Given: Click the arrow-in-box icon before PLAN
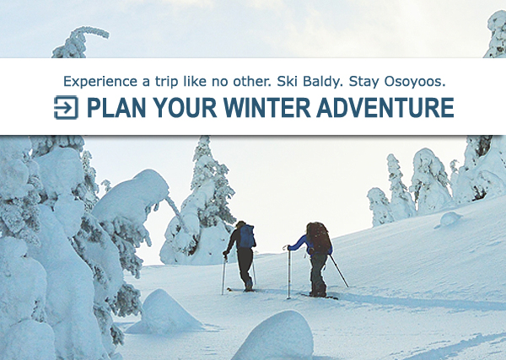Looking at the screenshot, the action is [66, 107].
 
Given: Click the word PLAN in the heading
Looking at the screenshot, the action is [116, 107].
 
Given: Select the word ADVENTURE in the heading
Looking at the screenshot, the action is [385, 107].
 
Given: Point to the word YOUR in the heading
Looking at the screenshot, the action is [185, 107].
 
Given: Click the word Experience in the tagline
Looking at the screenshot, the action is [100, 82].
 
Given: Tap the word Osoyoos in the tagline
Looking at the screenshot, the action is [415, 82].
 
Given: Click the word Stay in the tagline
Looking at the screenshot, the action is [363, 82].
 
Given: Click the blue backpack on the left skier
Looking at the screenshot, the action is [247, 236].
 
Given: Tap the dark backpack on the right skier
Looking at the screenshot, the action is [319, 238].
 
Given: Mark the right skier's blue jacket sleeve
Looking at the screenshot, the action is [298, 243].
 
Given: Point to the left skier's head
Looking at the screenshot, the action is [240, 223].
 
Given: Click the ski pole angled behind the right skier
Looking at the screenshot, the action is [339, 271].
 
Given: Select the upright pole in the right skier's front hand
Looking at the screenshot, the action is [289, 275].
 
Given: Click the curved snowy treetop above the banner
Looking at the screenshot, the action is [81, 42].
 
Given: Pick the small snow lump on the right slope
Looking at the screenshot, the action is [450, 218].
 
